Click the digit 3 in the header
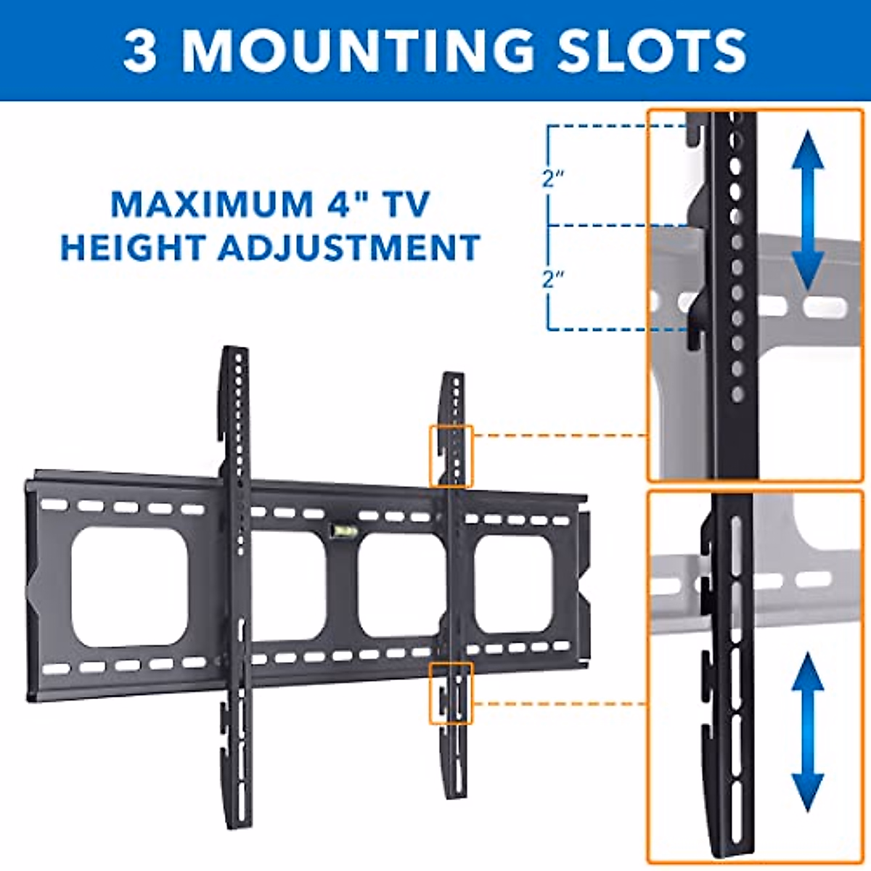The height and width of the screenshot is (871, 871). click(x=140, y=51)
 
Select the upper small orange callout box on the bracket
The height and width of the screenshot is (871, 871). click(x=451, y=456)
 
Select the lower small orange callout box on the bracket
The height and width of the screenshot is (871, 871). click(x=451, y=693)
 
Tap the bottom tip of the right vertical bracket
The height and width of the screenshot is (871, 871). click(x=455, y=796)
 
